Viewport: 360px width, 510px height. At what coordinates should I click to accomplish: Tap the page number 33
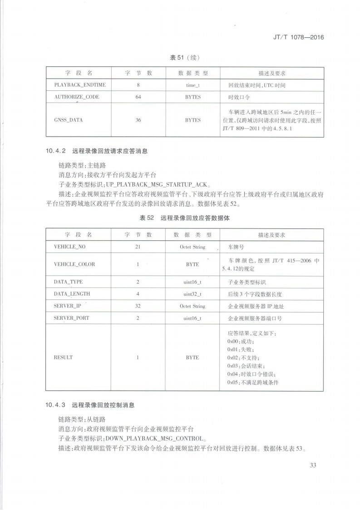313,465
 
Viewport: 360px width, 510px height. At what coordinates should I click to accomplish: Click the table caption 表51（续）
185,58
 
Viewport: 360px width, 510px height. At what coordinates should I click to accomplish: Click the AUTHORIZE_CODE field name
77,97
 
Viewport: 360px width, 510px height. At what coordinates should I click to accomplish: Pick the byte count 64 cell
138,97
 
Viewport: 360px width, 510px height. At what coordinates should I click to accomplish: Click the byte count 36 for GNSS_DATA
138,120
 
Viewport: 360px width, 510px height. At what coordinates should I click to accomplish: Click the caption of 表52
185,218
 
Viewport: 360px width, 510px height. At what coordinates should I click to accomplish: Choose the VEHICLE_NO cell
69,247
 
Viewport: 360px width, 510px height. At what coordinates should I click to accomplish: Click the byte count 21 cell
138,247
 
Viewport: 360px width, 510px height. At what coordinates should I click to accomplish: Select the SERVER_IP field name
67,306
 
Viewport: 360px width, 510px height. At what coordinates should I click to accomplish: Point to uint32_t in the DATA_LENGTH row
192,294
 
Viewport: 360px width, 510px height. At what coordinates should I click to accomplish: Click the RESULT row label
63,357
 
